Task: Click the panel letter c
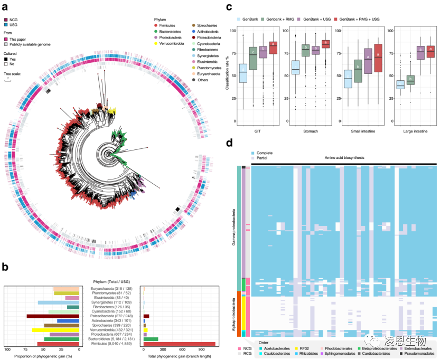click(228, 7)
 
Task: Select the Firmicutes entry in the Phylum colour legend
click(168, 25)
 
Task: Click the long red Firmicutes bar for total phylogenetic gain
click(179, 344)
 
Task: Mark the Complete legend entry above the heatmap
click(264, 152)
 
